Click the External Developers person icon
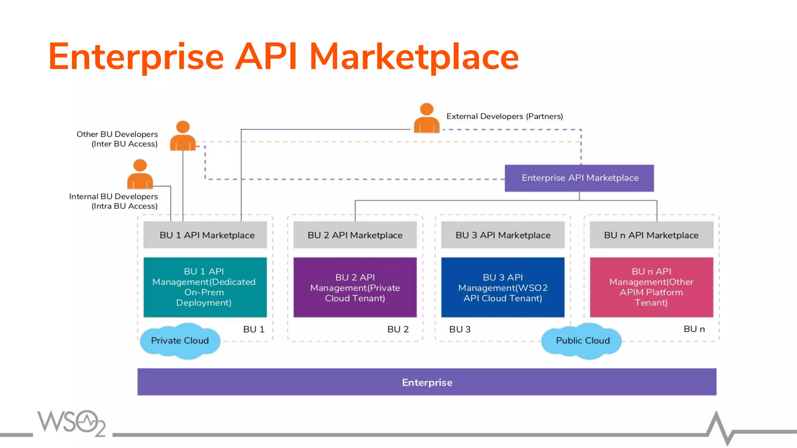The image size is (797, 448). point(427,119)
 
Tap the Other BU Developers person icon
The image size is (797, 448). point(183,136)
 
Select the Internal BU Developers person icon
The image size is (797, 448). point(140,175)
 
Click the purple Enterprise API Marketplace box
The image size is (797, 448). point(579,178)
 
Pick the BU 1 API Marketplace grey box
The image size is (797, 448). point(205,235)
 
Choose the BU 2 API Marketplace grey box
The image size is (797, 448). point(355,235)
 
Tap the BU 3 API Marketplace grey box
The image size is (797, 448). point(503,235)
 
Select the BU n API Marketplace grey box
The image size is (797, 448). point(651,235)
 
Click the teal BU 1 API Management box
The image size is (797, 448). point(205,287)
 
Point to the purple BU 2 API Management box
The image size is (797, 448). point(355,287)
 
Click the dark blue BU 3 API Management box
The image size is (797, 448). point(503,287)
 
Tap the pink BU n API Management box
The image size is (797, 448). point(651,287)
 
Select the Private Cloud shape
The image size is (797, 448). point(180,341)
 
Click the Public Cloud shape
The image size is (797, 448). point(582,341)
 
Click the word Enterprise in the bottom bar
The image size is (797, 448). point(427,382)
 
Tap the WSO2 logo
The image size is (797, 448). point(72,423)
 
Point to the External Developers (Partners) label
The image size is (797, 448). point(504,116)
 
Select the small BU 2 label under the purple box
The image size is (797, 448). point(398,329)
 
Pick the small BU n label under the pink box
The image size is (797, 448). point(694,329)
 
